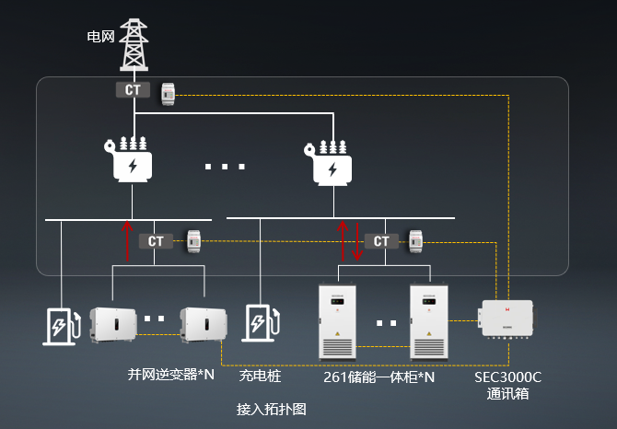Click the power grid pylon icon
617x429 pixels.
point(135,44)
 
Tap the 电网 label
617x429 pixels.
point(99,37)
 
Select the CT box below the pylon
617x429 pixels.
point(134,90)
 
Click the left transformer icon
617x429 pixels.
point(133,160)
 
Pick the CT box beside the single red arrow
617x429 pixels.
point(156,241)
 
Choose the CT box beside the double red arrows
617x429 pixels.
point(380,241)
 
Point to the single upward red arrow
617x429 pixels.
point(127,241)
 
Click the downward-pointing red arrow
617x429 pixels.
point(357,241)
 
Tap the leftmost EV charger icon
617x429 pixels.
point(62,325)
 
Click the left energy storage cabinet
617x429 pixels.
point(336,321)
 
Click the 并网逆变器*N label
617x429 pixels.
point(170,376)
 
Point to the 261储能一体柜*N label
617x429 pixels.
point(378,377)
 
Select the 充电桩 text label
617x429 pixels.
point(260,377)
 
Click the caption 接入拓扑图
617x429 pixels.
point(271,409)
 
